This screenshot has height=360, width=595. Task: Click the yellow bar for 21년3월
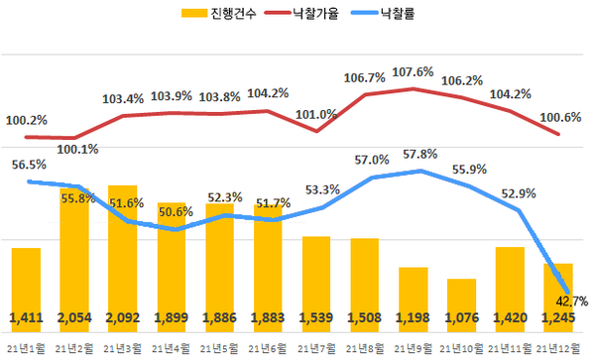[x=123, y=258]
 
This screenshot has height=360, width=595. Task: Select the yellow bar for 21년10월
[x=462, y=298]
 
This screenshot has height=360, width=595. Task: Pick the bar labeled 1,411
[x=27, y=288]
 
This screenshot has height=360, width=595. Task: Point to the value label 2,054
[x=74, y=318]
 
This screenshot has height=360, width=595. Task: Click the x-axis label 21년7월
[x=316, y=348]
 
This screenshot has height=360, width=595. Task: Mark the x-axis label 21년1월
[x=25, y=348]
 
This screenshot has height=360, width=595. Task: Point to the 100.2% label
[x=27, y=120]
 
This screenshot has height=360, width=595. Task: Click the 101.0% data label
[x=316, y=114]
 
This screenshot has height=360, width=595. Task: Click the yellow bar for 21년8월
[x=365, y=278]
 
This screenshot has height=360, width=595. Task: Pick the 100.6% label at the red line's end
[x=561, y=117]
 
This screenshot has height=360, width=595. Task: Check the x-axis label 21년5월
[x=219, y=348]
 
